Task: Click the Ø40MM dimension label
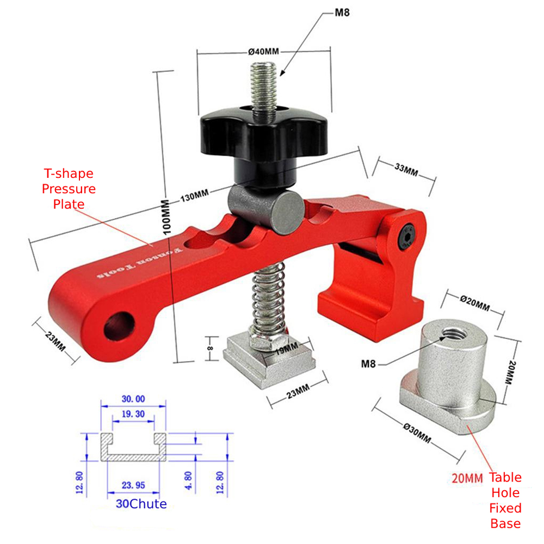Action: coord(263,52)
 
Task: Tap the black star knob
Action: coord(264,134)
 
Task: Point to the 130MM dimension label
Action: coord(195,195)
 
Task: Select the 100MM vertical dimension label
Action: coord(166,217)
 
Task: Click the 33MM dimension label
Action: coord(406,170)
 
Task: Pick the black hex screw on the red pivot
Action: coord(407,237)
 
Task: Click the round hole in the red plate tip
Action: coord(119,326)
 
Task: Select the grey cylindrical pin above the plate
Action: coord(266,209)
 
